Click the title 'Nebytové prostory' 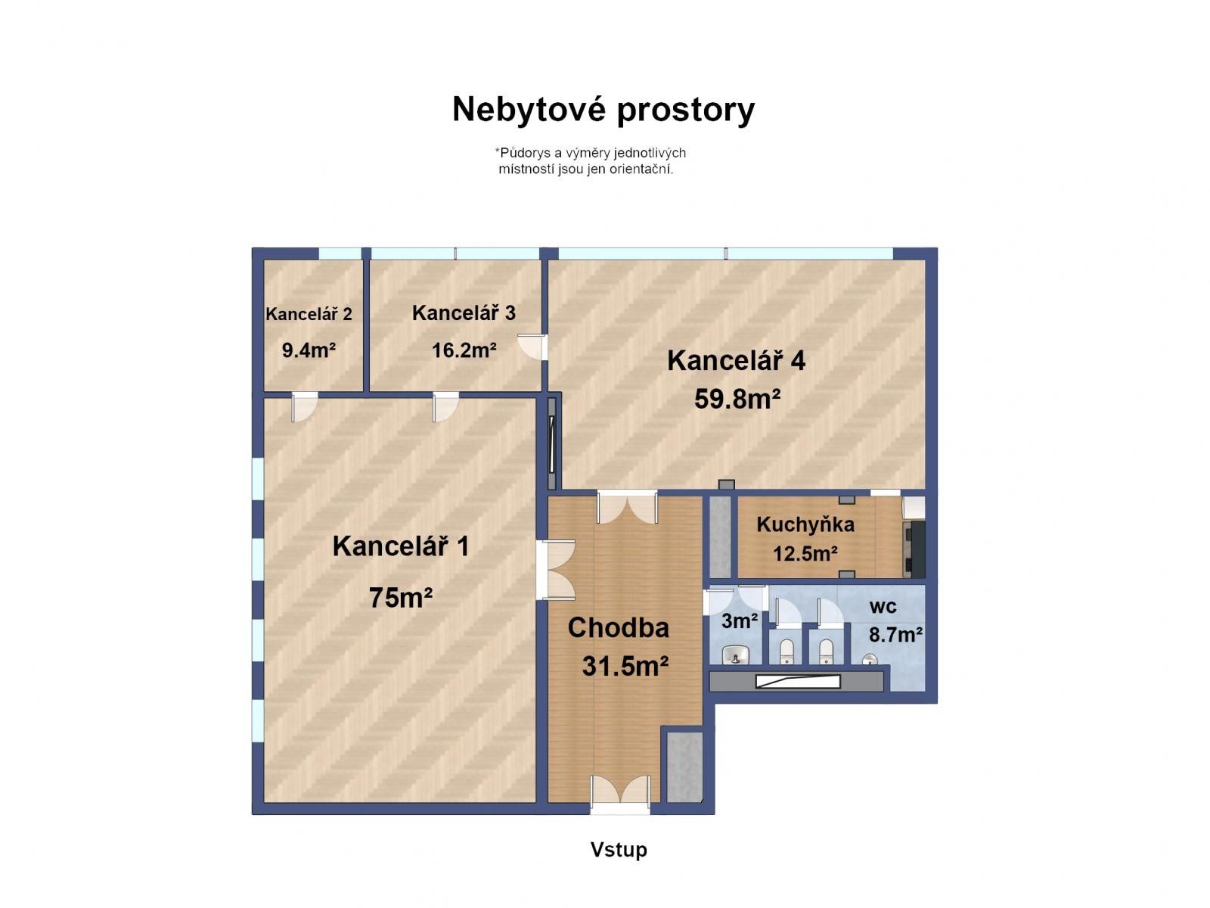click(603, 110)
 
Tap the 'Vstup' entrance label click(619, 850)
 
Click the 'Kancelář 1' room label click(400, 546)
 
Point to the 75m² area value click(400, 598)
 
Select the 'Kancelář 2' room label click(309, 314)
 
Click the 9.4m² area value click(309, 350)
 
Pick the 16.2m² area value click(464, 350)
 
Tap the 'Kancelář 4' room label click(736, 361)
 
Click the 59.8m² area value click(737, 399)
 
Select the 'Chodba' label click(618, 628)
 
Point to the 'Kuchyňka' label click(805, 524)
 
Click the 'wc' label click(883, 606)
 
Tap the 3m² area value click(739, 621)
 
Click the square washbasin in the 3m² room click(734, 654)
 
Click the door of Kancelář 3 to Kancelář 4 click(533, 347)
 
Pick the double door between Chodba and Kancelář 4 click(627, 507)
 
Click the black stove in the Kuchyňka click(914, 547)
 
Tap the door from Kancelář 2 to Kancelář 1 click(303, 406)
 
